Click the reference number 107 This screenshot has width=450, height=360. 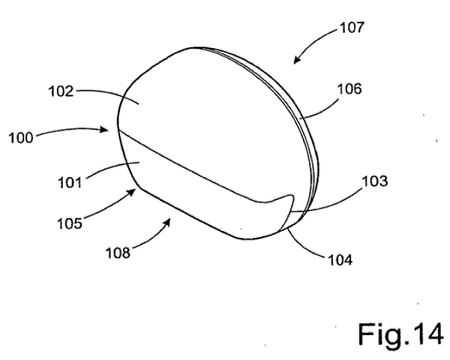(x=352, y=28)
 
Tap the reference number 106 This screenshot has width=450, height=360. (x=349, y=89)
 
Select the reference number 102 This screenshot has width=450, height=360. (x=61, y=91)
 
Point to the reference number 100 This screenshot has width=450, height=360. (x=21, y=138)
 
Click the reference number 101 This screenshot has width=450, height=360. (x=70, y=182)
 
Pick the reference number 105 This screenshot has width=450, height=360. (x=70, y=223)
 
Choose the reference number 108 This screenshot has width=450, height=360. (x=118, y=253)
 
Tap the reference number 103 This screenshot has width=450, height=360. (x=375, y=181)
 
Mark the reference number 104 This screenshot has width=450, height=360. (x=340, y=260)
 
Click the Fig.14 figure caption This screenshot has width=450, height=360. (x=400, y=334)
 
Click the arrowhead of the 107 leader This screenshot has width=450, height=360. (x=297, y=59)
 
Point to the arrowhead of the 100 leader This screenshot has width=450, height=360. (x=104, y=130)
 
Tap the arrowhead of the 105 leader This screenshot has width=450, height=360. (x=132, y=192)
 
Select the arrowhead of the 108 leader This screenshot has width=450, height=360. (x=167, y=222)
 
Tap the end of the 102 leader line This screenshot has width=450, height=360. (x=139, y=104)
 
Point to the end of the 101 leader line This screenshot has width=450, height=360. (x=139, y=163)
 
